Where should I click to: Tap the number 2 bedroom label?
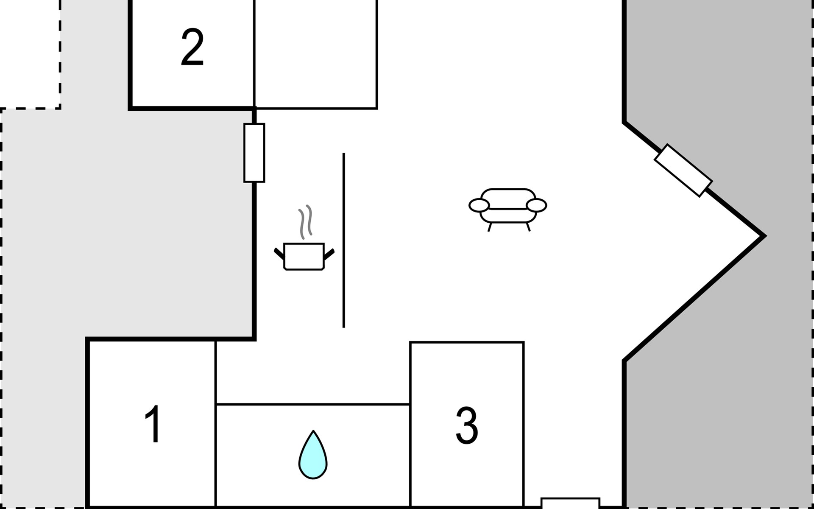point(192,48)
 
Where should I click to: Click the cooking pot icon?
point(304,256)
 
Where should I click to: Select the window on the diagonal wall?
point(683,171)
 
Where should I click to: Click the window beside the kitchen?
point(254,153)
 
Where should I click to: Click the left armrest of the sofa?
point(479,205)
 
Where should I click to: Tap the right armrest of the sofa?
point(536,205)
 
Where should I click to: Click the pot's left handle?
point(279,254)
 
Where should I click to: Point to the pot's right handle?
point(329,254)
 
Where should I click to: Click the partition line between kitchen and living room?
point(343,240)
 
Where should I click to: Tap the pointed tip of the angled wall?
point(764,236)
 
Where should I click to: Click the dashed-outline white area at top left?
point(30,53)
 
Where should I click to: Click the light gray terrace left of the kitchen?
point(127,225)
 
